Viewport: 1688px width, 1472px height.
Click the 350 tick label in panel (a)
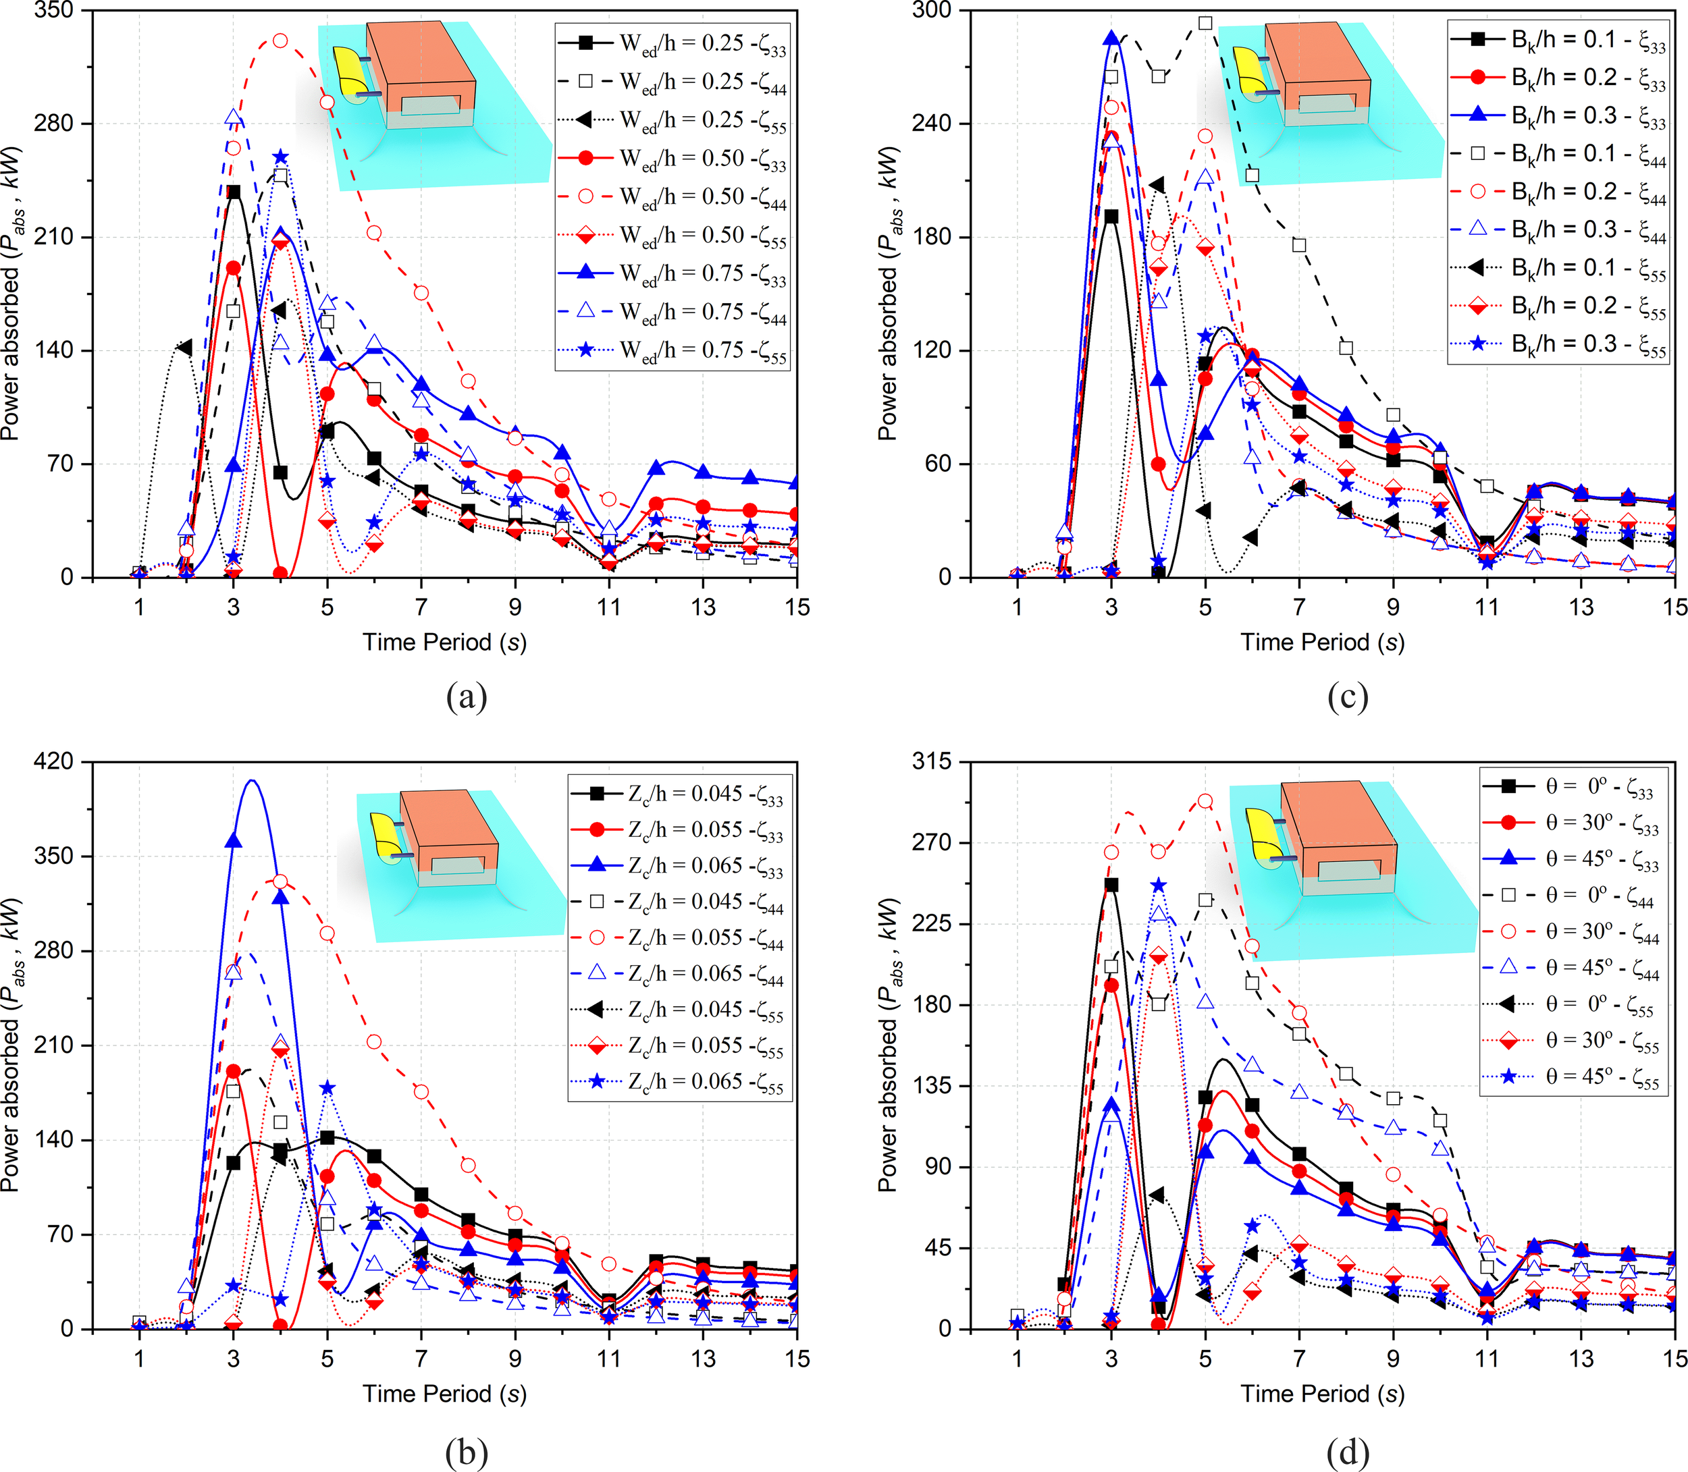pos(54,11)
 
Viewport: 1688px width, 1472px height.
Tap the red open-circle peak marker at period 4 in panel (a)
pos(280,40)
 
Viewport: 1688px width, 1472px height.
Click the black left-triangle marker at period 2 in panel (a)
pos(185,348)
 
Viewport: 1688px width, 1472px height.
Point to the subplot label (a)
pos(466,697)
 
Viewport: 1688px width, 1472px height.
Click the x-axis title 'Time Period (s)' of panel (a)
pos(444,643)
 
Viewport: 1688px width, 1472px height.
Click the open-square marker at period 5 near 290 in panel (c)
pos(1205,23)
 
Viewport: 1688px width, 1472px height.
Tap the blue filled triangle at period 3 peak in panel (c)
pos(1111,38)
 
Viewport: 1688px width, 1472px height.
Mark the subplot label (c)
pos(1347,697)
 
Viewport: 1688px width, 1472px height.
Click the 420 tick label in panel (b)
pos(54,761)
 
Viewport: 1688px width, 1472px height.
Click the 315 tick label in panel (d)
pos(932,761)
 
